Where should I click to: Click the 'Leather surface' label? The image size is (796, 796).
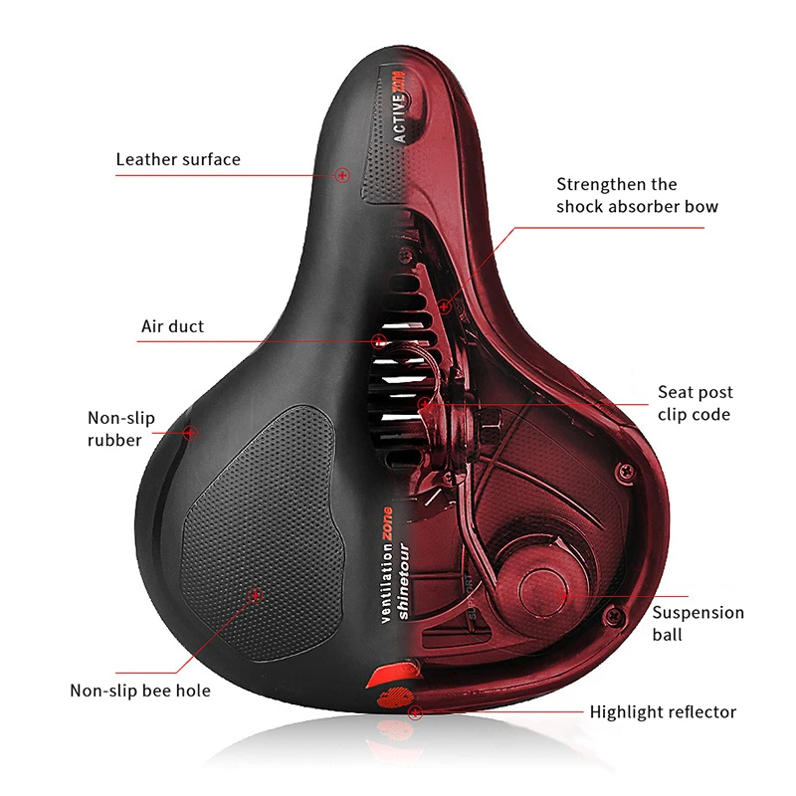(178, 159)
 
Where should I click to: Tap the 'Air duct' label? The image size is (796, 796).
(172, 326)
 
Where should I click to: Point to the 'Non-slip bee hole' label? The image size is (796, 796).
(140, 690)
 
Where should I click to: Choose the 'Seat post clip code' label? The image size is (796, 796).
(694, 403)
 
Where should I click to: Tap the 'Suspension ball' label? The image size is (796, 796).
(697, 623)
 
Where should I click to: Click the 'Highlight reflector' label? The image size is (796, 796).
(663, 711)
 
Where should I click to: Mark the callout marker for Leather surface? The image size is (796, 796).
(343, 175)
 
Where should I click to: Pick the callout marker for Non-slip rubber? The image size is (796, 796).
(192, 432)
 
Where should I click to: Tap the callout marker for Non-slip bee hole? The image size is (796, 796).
(255, 595)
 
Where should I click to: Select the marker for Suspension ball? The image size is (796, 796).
(566, 592)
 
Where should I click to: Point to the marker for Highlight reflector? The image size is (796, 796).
(415, 712)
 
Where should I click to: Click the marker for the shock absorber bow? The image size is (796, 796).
(445, 306)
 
